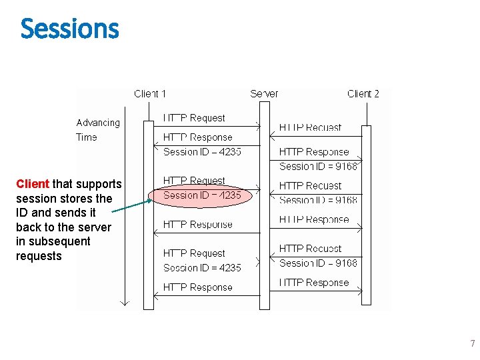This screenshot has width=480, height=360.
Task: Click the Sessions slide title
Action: (69, 29)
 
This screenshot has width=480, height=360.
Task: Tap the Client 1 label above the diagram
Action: (150, 94)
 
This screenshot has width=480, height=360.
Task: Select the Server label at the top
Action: (264, 94)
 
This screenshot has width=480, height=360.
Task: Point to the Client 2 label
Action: (363, 94)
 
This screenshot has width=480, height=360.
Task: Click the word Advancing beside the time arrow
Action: (98, 123)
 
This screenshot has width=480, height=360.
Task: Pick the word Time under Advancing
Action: (87, 137)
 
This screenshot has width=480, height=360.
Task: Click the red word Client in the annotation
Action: (33, 183)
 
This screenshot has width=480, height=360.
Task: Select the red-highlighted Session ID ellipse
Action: (202, 195)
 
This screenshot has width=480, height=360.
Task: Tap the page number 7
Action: (472, 344)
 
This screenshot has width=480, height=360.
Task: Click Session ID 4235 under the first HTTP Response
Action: (202, 152)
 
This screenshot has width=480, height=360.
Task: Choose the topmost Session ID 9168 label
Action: (318, 167)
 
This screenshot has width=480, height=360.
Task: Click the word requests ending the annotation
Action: (39, 256)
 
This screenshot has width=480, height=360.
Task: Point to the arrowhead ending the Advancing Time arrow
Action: (123, 303)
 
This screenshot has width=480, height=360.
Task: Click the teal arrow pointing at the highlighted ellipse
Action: (131, 205)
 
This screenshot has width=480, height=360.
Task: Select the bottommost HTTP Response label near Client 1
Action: (197, 287)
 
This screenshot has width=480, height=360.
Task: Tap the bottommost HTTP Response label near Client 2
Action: (313, 283)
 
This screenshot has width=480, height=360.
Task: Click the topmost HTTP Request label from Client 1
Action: (194, 118)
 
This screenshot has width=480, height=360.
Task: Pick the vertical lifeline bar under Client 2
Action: (366, 213)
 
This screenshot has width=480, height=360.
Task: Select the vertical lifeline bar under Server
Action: (265, 207)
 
